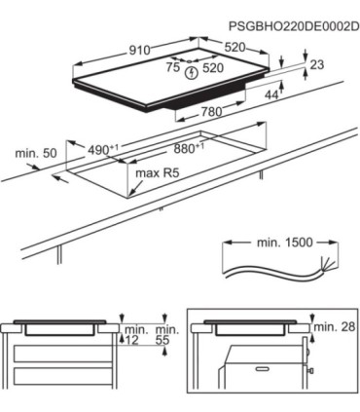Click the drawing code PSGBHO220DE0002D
(x=294, y=26)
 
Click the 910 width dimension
(x=140, y=51)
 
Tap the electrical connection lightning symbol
(x=192, y=73)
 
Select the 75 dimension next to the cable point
(x=173, y=67)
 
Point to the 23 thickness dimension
(x=316, y=65)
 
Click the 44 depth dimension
(x=271, y=94)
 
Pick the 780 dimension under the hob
(x=211, y=112)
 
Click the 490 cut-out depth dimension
(x=103, y=149)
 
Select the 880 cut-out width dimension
(x=190, y=148)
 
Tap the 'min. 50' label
(x=36, y=153)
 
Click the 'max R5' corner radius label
(x=158, y=173)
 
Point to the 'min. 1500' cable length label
(x=285, y=243)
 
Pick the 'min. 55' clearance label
(x=167, y=335)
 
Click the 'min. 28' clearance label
(x=335, y=326)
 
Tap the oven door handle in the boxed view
(x=263, y=369)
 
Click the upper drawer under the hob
(x=63, y=354)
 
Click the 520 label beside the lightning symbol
(x=213, y=68)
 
